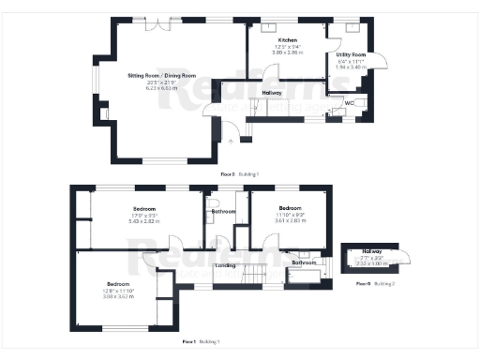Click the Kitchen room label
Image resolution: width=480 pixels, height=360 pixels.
(x=287, y=40)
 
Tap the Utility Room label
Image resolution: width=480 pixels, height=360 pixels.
(x=351, y=55)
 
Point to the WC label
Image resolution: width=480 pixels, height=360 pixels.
(x=349, y=102)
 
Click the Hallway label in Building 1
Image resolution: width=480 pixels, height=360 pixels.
(x=272, y=93)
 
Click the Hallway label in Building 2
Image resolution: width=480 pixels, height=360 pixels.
(x=373, y=250)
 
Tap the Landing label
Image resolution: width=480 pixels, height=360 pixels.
(x=225, y=265)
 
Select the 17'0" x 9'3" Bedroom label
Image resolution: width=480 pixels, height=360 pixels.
(x=143, y=208)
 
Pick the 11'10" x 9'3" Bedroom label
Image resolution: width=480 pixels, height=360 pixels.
(x=289, y=208)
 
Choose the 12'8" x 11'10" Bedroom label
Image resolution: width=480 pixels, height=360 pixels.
(x=118, y=283)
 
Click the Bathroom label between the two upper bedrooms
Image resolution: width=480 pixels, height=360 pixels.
(x=223, y=212)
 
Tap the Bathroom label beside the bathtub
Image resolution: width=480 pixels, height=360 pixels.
(x=302, y=262)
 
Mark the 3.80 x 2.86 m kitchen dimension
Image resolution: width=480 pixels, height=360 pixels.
(x=287, y=52)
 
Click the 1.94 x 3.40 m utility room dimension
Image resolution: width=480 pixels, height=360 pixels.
(x=351, y=68)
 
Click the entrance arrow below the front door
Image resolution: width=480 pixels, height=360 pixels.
(x=232, y=140)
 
